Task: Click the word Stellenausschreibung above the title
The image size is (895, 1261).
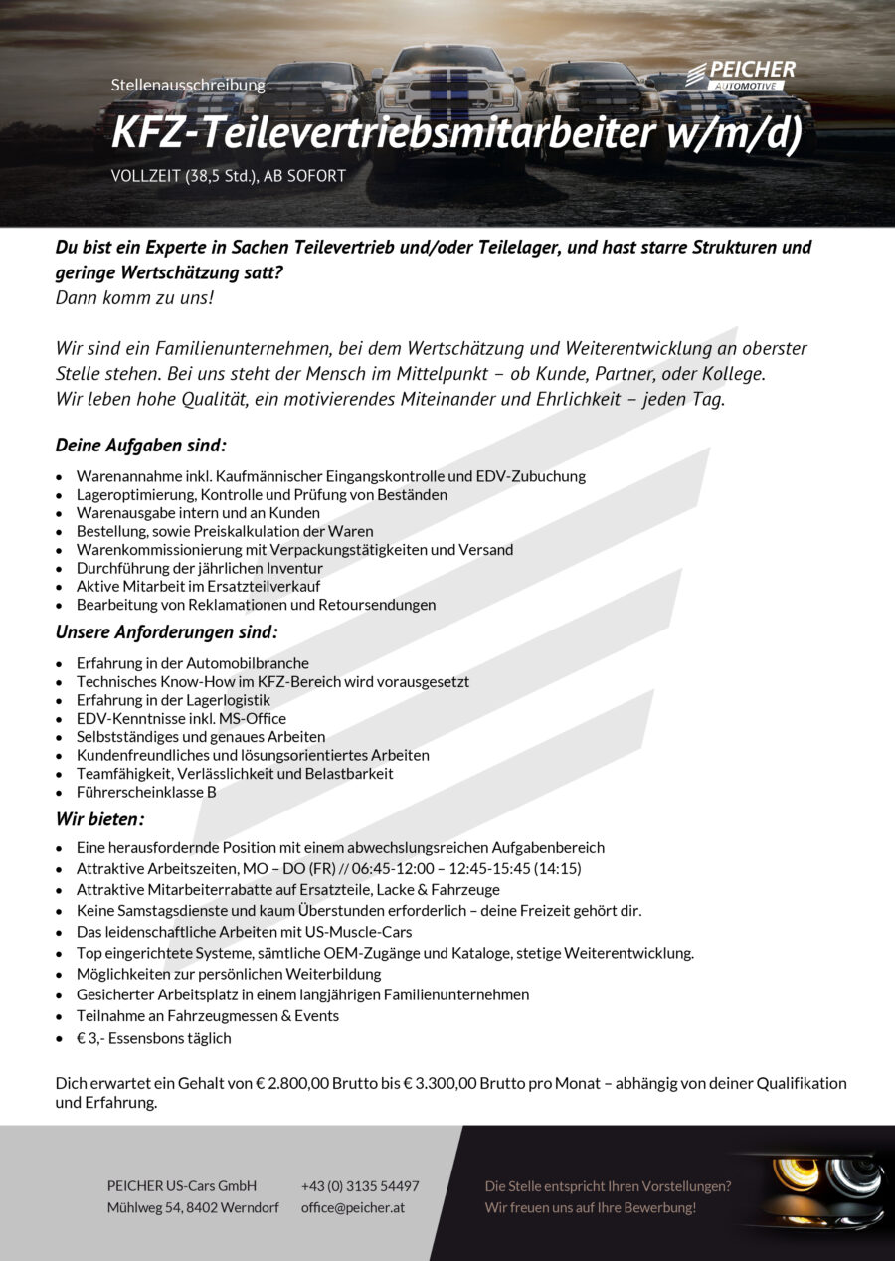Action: click(x=188, y=85)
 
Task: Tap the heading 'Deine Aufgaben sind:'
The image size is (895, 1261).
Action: click(x=141, y=445)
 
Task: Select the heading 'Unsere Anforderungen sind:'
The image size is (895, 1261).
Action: click(x=166, y=631)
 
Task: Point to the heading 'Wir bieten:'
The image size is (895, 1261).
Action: click(x=99, y=819)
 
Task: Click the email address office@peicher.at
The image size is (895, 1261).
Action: click(x=353, y=1207)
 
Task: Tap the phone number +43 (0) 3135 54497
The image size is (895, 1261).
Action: click(x=360, y=1185)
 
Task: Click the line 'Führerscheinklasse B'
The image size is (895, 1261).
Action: click(x=146, y=792)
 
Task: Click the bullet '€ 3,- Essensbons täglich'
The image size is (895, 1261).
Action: click(x=153, y=1038)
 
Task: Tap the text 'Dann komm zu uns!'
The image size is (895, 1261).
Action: click(x=134, y=297)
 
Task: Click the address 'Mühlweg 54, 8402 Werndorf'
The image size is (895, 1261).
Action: click(x=193, y=1207)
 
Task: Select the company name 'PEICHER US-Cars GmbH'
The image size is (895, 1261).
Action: click(x=182, y=1185)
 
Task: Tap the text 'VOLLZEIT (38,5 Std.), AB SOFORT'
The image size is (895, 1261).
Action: click(x=229, y=177)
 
